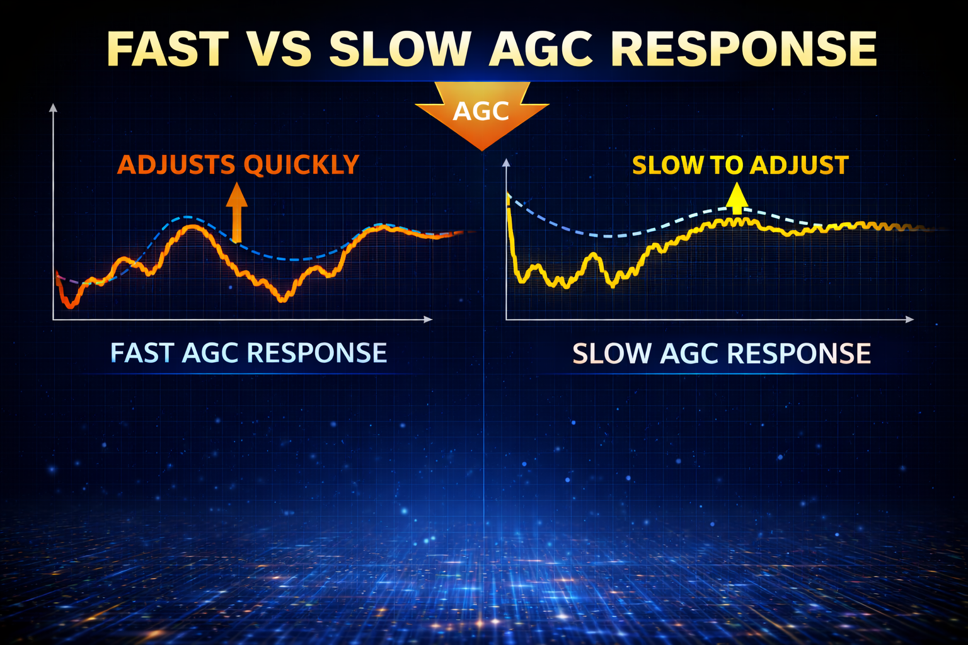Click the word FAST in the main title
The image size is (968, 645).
click(x=167, y=49)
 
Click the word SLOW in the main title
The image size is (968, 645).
click(x=400, y=49)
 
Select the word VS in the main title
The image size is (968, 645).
click(x=279, y=49)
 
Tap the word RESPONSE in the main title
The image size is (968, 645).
click(x=744, y=49)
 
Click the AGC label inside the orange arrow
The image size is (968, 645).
click(x=481, y=111)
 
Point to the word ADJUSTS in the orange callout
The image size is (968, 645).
click(x=176, y=165)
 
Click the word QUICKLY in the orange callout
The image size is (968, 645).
click(x=301, y=165)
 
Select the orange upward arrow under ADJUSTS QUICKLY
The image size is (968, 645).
click(x=236, y=212)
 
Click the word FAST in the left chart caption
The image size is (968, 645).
click(x=142, y=353)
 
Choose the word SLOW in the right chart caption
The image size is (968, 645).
click(x=611, y=353)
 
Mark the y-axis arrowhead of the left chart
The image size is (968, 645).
click(x=53, y=108)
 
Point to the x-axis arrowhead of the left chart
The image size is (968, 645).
click(x=429, y=319)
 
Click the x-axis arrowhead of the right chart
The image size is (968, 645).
click(x=909, y=319)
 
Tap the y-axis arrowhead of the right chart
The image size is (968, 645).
click(x=505, y=163)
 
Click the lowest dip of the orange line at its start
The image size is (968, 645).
click(x=71, y=306)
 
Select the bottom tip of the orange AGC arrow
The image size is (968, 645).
click(x=482, y=149)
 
